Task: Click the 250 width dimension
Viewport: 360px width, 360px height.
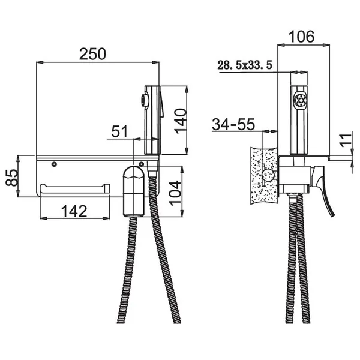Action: pyautogui.click(x=92, y=54)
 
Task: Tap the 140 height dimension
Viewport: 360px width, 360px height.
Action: pyautogui.click(x=180, y=121)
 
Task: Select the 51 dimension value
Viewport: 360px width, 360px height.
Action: pyautogui.click(x=119, y=131)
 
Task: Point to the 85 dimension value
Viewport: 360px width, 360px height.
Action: pyautogui.click(x=11, y=178)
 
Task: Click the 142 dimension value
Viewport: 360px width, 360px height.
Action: pyautogui.click(x=74, y=211)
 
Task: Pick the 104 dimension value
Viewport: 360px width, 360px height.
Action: pyautogui.click(x=175, y=193)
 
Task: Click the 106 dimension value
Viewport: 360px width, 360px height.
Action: pyautogui.click(x=301, y=37)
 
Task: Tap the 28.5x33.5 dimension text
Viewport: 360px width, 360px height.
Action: pyautogui.click(x=245, y=65)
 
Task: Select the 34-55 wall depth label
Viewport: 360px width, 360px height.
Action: pyautogui.click(x=233, y=124)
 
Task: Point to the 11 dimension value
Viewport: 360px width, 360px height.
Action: pyautogui.click(x=346, y=139)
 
